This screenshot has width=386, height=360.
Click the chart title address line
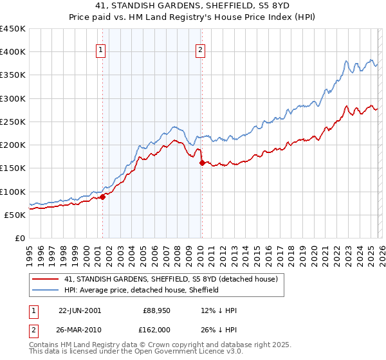pos(192,6)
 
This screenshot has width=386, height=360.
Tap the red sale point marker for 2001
pos(103,197)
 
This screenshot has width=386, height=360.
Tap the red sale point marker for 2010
pos(202,163)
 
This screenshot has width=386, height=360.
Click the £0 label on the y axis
pos(20,238)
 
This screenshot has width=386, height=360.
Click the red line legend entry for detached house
pos(170,279)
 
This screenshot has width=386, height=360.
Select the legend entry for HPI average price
pos(142,290)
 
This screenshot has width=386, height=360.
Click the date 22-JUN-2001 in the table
pos(80,310)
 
